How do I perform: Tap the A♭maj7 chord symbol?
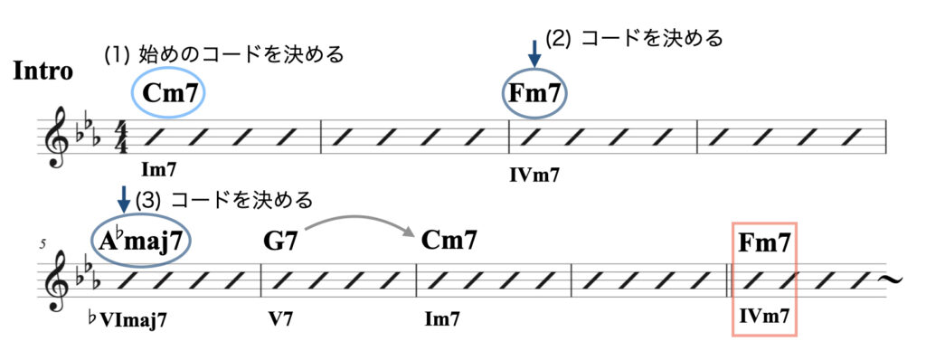coord(143,242)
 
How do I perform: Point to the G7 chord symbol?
coord(280,242)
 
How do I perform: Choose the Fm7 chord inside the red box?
coord(765,242)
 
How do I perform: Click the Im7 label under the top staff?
coord(159,168)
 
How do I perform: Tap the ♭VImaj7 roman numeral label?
coord(128,318)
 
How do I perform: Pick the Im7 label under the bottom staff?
coord(442,318)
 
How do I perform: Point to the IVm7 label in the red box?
coord(765,317)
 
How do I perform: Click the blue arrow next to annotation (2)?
coord(535,52)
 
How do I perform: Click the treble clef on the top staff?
coord(57,138)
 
